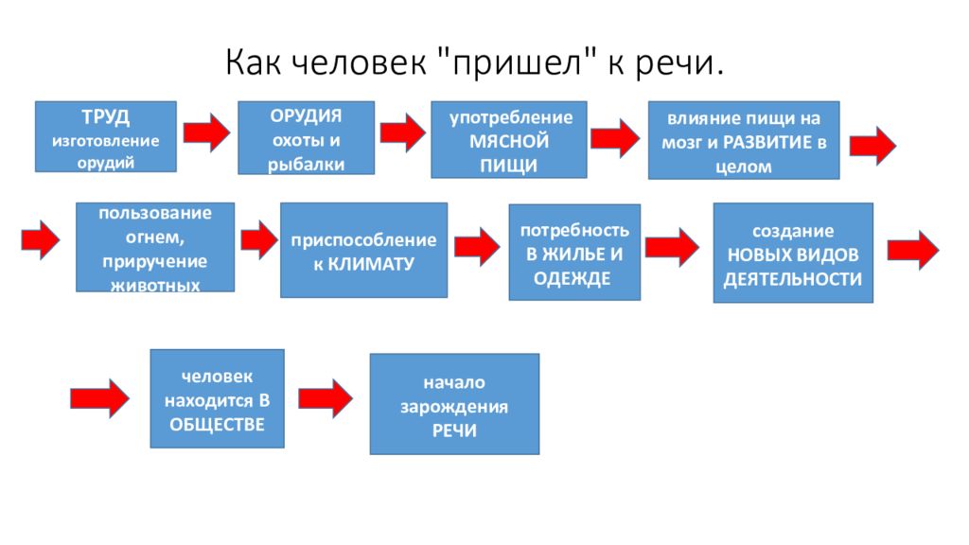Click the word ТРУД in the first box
click(106, 116)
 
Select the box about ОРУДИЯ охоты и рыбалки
click(306, 138)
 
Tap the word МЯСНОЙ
click(508, 141)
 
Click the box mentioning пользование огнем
click(155, 247)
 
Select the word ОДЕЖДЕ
click(573, 279)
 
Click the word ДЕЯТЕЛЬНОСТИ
click(793, 279)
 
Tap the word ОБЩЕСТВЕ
click(217, 425)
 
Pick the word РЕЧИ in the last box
click(454, 431)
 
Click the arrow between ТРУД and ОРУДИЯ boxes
click(206, 132)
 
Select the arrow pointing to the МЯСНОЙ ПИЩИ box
click(402, 132)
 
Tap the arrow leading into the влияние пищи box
click(615, 138)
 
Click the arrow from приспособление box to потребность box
click(477, 247)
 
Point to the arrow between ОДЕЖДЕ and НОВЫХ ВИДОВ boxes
click(672, 247)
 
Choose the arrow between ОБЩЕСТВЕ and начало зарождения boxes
click(326, 398)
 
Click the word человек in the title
click(359, 62)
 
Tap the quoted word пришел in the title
click(517, 63)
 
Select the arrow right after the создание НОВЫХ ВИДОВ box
click(913, 250)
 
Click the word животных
click(155, 286)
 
